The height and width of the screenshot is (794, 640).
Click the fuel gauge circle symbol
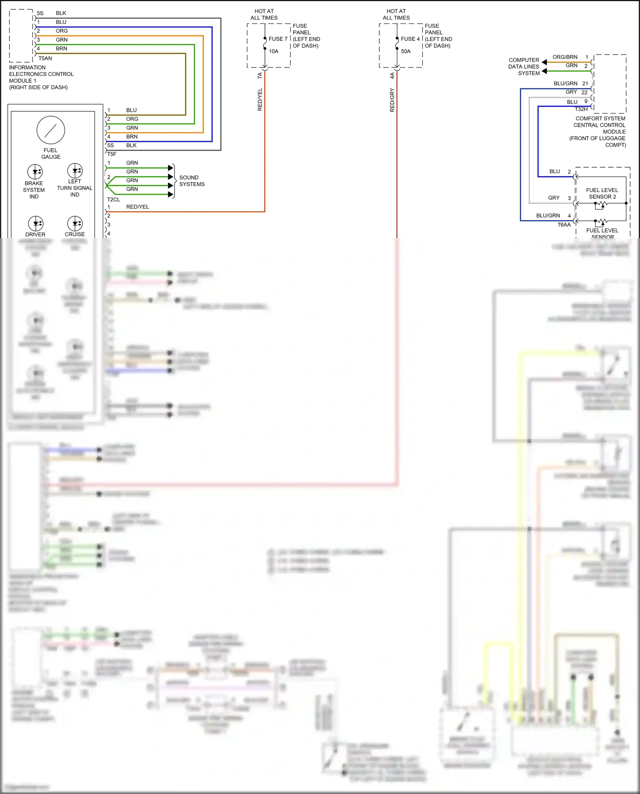pos(51,130)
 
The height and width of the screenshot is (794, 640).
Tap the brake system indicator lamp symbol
pos(35,172)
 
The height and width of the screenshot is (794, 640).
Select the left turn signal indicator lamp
pos(75,171)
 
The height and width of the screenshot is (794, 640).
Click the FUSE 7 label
pos(278,39)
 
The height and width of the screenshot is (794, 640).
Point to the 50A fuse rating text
pos(406,51)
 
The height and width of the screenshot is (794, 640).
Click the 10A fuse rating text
pos(273,51)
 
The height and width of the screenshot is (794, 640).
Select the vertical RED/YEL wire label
pos(260,100)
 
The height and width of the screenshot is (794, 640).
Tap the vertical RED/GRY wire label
pos(392,100)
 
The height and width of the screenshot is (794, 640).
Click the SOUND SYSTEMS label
pos(192,181)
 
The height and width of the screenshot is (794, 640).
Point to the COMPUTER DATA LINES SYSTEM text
pos(524,67)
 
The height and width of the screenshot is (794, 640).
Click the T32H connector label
pos(581,109)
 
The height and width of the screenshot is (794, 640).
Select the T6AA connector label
pos(564,225)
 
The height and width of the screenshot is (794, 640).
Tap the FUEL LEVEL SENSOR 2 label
pos(602,193)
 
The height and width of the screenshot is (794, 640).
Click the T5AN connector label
pos(45,58)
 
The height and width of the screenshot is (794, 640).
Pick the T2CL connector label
pos(113,200)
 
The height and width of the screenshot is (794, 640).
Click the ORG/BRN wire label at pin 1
pos(565,57)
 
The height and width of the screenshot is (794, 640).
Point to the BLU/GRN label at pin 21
pos(565,84)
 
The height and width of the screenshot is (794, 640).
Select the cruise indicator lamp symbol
pos(75,223)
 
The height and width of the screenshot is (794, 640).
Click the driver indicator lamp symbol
pos(35,223)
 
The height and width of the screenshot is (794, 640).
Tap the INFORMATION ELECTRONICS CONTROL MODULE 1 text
pos(41,77)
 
